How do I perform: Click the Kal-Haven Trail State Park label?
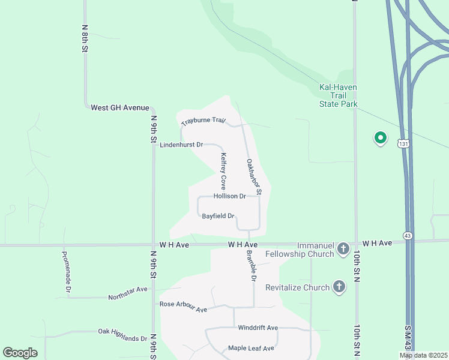point(338,95)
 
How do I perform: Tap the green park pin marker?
point(380,138)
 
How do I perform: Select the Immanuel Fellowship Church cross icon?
point(343,248)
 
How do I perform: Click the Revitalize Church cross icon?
point(339,287)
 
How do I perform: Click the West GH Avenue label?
point(119,107)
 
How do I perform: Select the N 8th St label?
point(85,40)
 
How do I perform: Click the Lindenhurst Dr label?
point(182,145)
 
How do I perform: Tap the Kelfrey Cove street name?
point(223,171)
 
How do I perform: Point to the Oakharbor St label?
point(253,177)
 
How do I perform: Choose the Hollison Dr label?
point(229,196)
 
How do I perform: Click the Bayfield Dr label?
point(218,216)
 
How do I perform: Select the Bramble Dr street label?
point(251,266)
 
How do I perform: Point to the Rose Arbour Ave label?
point(183,307)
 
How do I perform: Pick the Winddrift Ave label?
point(258,328)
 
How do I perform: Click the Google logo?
point(20,353)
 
